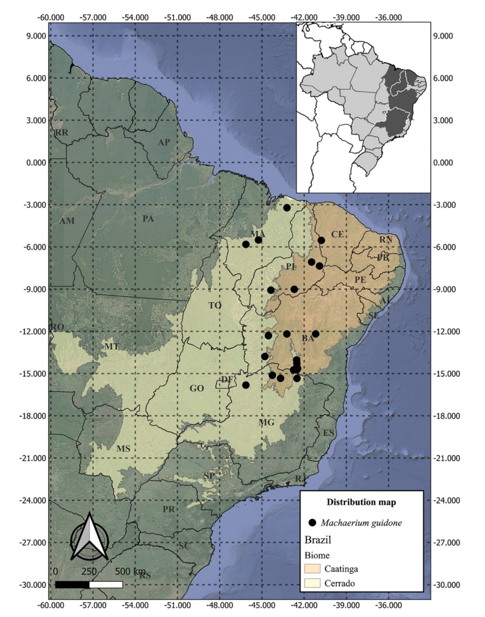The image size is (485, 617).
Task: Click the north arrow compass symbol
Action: [x=89, y=538]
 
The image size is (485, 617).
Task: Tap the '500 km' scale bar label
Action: [x=131, y=572]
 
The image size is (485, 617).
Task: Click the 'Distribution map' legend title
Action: [x=361, y=503]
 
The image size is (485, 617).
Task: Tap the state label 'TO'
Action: [x=214, y=306]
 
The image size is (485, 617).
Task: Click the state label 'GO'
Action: [x=196, y=389]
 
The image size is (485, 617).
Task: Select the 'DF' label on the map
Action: [x=227, y=379]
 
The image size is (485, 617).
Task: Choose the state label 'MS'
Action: [x=123, y=449]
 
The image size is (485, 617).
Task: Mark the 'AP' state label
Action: [x=164, y=143]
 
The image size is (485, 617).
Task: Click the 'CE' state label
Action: [x=337, y=234]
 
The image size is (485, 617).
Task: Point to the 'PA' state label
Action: [x=148, y=218]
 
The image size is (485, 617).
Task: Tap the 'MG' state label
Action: [x=266, y=423]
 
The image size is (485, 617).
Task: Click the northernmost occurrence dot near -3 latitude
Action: [x=287, y=208]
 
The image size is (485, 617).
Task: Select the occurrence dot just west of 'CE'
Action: [x=321, y=240]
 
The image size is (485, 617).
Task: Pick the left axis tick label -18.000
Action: [x=33, y=416]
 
